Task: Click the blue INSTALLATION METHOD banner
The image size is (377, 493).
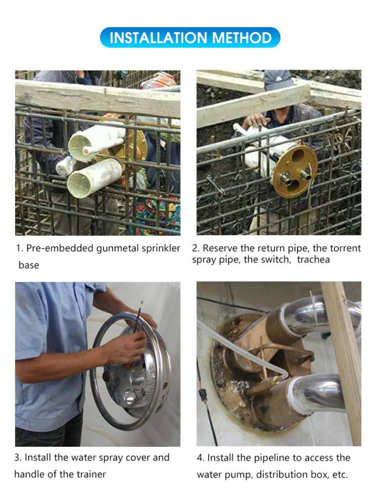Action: click(190, 37)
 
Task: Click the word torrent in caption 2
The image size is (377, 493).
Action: click(345, 248)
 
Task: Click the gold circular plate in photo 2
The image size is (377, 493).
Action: click(295, 171)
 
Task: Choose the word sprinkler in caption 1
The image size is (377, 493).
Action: click(161, 248)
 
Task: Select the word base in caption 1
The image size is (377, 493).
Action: click(29, 265)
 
